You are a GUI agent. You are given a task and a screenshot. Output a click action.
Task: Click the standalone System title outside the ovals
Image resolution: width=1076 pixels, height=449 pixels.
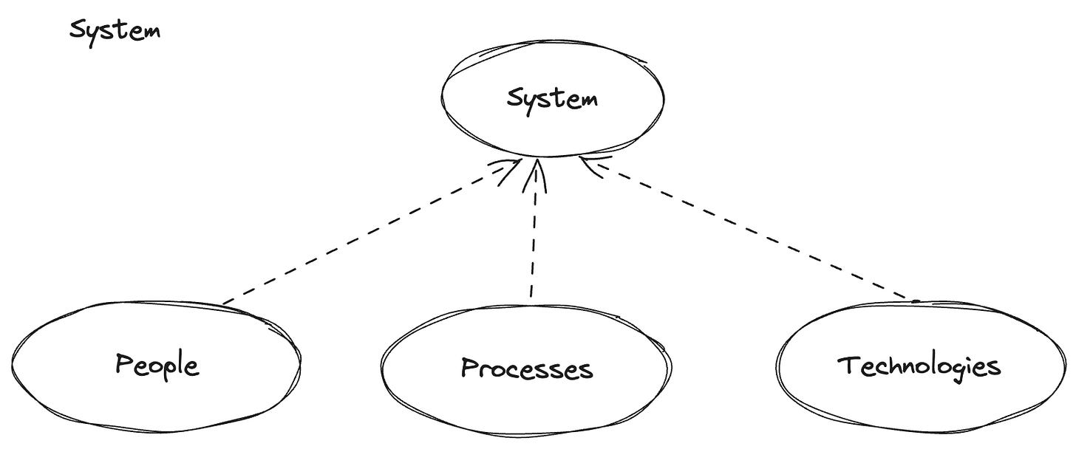coord(115,32)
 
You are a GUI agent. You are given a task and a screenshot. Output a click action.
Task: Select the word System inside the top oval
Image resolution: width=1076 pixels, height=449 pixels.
coord(552,98)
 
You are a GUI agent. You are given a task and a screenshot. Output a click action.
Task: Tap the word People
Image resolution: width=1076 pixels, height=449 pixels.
coord(157,365)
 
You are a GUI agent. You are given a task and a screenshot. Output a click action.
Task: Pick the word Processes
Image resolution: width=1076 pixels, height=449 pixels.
coord(526,367)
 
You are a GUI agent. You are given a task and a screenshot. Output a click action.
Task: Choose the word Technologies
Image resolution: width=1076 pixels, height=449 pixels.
coord(919,366)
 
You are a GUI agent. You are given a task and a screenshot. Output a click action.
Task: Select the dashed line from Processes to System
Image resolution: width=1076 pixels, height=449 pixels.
coord(532,236)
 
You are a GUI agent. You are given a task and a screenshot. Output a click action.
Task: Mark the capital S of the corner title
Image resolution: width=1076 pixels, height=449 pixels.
coord(76,31)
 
